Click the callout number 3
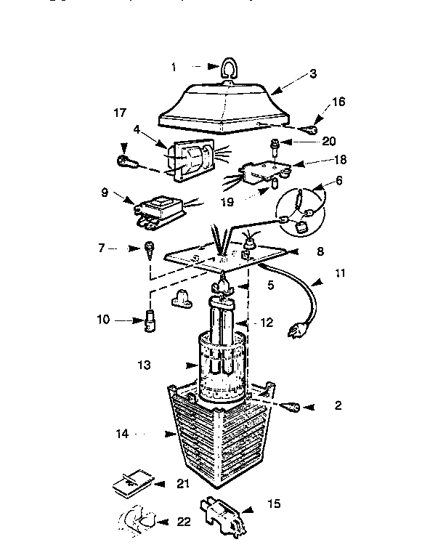click(313, 73)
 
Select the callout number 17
click(120, 113)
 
